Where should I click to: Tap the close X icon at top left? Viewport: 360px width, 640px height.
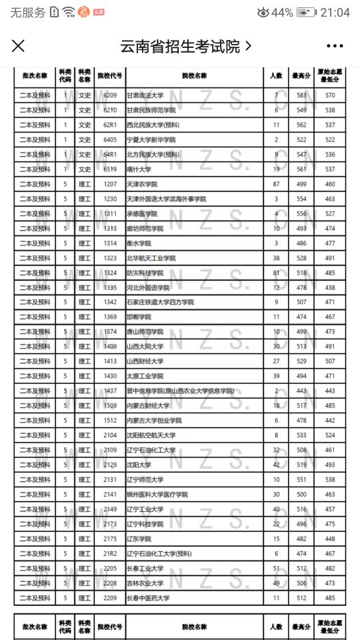click(x=19, y=45)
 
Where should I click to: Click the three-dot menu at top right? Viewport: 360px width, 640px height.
click(x=334, y=46)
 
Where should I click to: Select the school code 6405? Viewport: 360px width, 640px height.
click(x=110, y=140)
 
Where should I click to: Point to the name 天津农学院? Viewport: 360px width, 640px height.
click(x=142, y=184)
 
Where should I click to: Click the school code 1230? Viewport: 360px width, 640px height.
click(x=110, y=199)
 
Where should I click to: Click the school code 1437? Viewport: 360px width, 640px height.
click(x=110, y=391)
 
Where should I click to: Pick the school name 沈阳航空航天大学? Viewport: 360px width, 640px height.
click(x=151, y=435)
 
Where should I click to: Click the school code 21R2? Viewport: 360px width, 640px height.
click(x=110, y=553)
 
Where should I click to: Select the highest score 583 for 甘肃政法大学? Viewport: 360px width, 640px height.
click(x=301, y=95)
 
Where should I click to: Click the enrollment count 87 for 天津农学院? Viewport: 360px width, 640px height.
click(x=276, y=184)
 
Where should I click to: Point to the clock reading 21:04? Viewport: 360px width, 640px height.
click(x=335, y=13)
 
